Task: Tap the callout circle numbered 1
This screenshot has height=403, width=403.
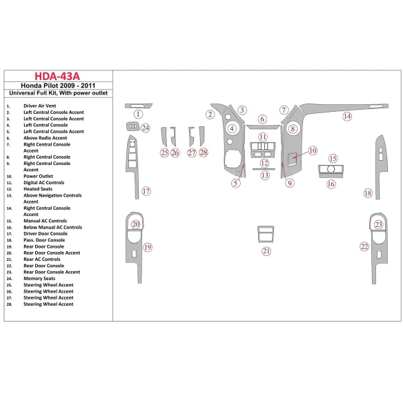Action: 138,114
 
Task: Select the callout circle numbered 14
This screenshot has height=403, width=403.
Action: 347,117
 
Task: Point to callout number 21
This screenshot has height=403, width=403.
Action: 266,251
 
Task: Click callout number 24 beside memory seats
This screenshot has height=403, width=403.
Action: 146,128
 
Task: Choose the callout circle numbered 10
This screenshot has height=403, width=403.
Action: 312,150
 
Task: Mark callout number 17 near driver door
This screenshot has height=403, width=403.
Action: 146,191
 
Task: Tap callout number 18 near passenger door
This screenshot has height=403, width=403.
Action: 368,193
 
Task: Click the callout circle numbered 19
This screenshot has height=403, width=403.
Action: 147,246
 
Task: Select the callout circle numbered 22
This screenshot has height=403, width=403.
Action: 364,246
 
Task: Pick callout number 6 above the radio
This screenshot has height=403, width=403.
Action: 262,119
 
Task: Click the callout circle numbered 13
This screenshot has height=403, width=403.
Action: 265,175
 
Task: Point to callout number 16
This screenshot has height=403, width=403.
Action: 331,184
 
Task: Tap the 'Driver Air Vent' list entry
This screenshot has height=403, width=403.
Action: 40,106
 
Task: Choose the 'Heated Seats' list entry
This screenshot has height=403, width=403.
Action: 39,189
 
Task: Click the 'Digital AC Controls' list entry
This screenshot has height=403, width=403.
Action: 44,182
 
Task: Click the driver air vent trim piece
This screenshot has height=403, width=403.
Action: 130,105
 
